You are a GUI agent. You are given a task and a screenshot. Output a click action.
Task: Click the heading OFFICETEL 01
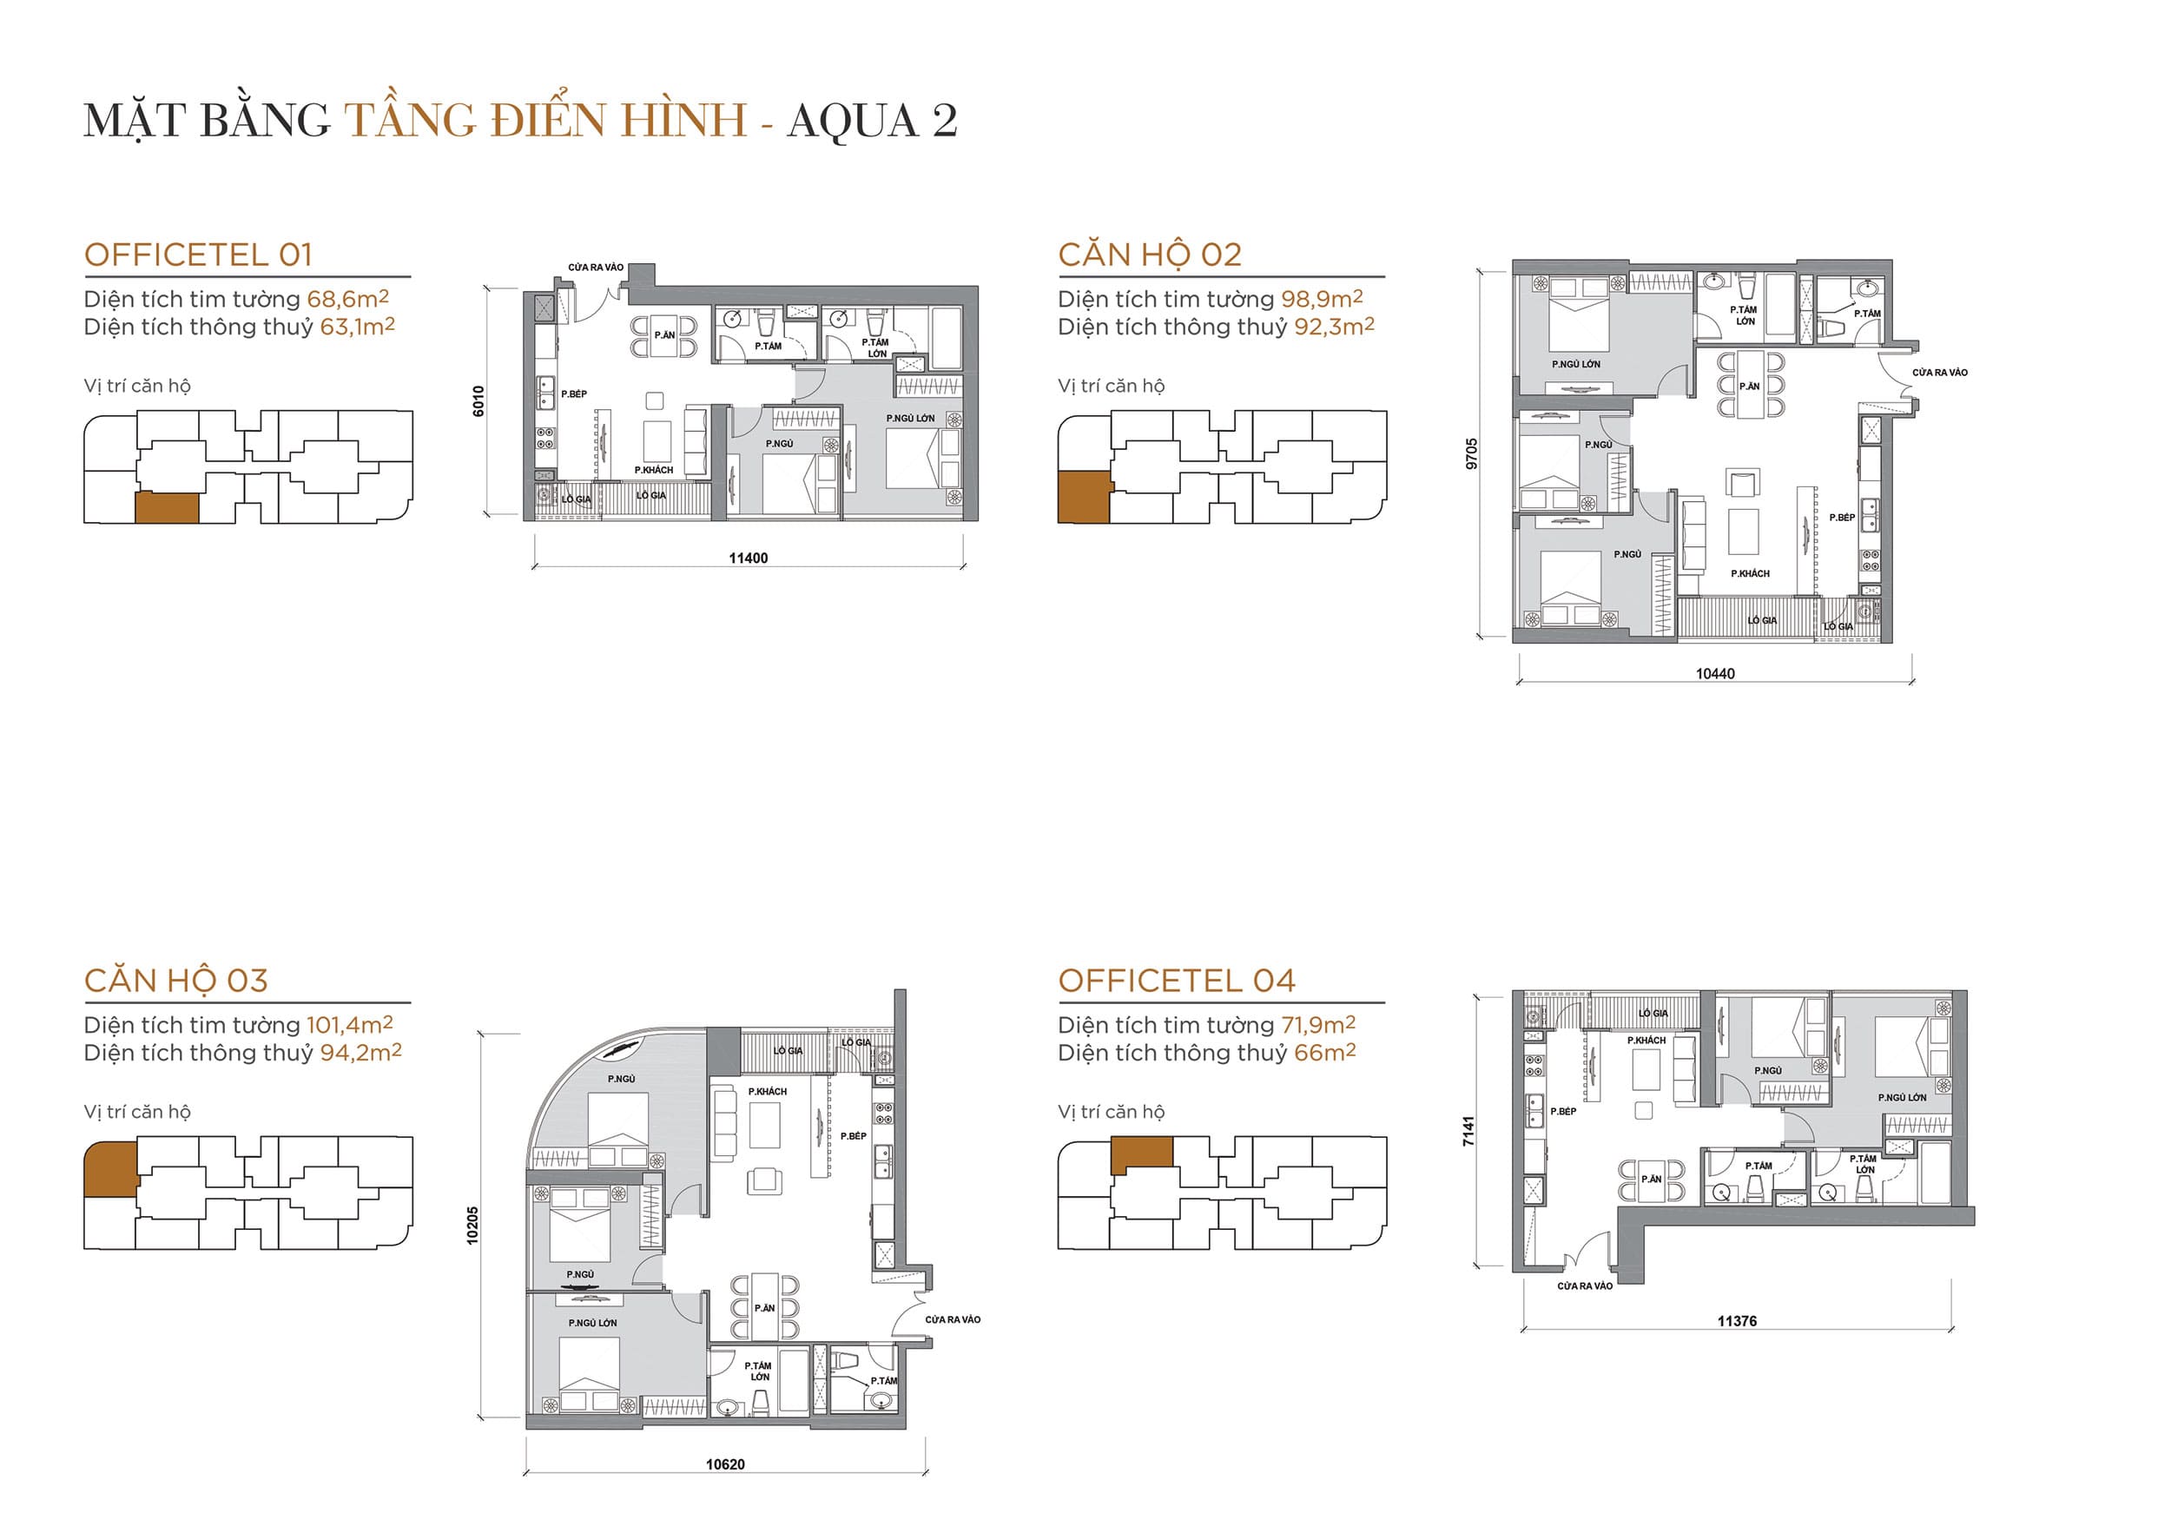coord(198,255)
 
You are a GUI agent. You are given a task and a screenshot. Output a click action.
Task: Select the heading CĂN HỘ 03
coord(176,981)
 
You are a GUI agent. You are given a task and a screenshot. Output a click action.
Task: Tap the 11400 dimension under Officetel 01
coord(748,558)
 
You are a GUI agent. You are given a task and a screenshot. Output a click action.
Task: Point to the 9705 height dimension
coord(1471,453)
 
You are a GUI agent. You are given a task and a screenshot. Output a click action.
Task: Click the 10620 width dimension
coord(725,1464)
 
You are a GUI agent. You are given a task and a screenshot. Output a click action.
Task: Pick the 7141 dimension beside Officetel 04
coord(1468,1130)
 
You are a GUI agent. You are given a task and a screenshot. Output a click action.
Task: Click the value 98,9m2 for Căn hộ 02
coord(1322,299)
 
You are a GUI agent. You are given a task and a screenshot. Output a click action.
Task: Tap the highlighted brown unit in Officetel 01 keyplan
coord(167,507)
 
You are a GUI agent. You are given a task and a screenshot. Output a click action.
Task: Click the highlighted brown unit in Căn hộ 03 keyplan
coord(110,1169)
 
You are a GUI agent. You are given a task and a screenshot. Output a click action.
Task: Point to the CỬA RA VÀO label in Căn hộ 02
coord(1940,373)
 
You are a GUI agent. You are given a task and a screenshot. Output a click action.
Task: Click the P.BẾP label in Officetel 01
coord(573,393)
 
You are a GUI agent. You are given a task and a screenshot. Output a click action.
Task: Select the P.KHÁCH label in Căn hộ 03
coord(767,1092)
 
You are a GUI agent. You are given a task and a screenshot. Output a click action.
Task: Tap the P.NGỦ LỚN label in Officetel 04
coord(1902,1097)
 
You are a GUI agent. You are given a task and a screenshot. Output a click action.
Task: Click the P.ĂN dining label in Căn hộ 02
coord(1749,386)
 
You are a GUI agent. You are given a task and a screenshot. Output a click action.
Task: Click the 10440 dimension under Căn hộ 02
coord(1715,673)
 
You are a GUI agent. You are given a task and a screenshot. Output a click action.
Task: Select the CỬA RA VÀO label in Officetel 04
coord(1584,1286)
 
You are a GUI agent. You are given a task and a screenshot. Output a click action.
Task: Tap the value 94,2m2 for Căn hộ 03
coord(360,1053)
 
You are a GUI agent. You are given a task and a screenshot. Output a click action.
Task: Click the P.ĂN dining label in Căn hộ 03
coord(764,1308)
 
